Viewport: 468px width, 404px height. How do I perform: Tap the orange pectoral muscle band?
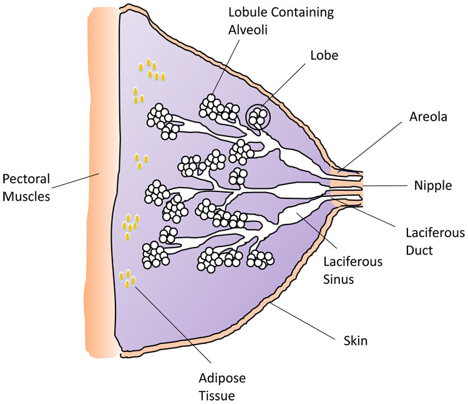tap(100, 188)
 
